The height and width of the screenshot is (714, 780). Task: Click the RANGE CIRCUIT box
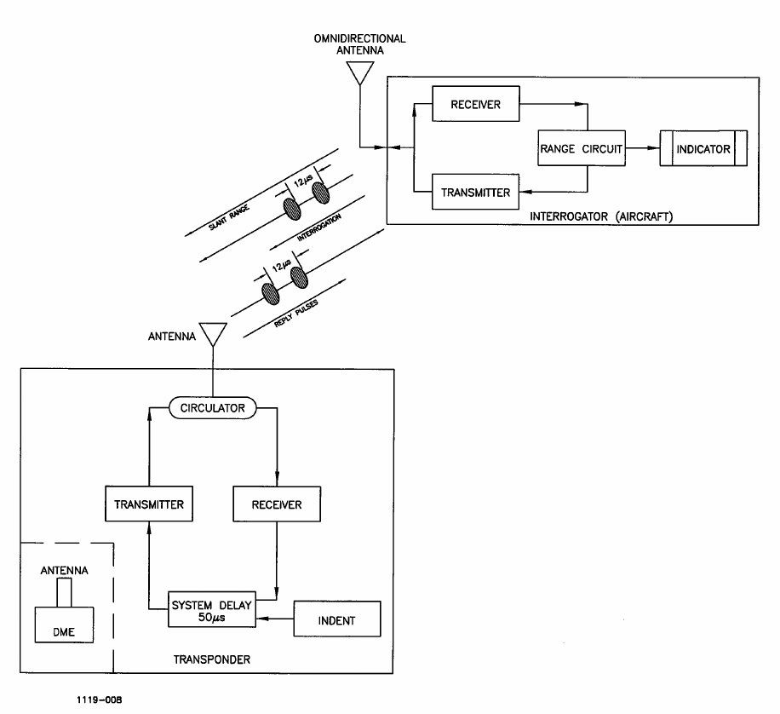coord(581,148)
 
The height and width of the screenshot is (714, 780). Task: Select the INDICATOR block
coord(703,148)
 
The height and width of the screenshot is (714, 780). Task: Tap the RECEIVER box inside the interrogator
coord(475,104)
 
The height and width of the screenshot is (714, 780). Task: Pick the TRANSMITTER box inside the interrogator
coord(475,192)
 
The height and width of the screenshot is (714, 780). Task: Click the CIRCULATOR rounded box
coord(212,408)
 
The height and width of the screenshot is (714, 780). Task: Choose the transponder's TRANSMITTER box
coord(149,504)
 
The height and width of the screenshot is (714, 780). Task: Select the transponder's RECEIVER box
coord(277,504)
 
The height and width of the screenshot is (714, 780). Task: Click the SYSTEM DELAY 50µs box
coord(212,609)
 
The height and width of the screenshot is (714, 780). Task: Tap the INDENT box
coord(337,619)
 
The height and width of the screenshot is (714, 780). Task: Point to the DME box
coord(64,625)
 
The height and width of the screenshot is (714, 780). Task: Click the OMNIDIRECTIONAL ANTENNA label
coord(359,44)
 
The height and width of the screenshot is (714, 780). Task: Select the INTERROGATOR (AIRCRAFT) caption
coord(601,216)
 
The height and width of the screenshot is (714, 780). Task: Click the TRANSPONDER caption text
coord(212,659)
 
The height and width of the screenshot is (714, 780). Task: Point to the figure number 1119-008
coord(99,700)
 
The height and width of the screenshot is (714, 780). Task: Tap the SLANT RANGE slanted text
coord(229,217)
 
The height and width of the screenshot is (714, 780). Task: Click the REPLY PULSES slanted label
coord(296,314)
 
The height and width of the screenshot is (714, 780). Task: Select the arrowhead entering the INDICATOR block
coord(654,148)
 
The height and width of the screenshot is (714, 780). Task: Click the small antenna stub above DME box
coord(64,592)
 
